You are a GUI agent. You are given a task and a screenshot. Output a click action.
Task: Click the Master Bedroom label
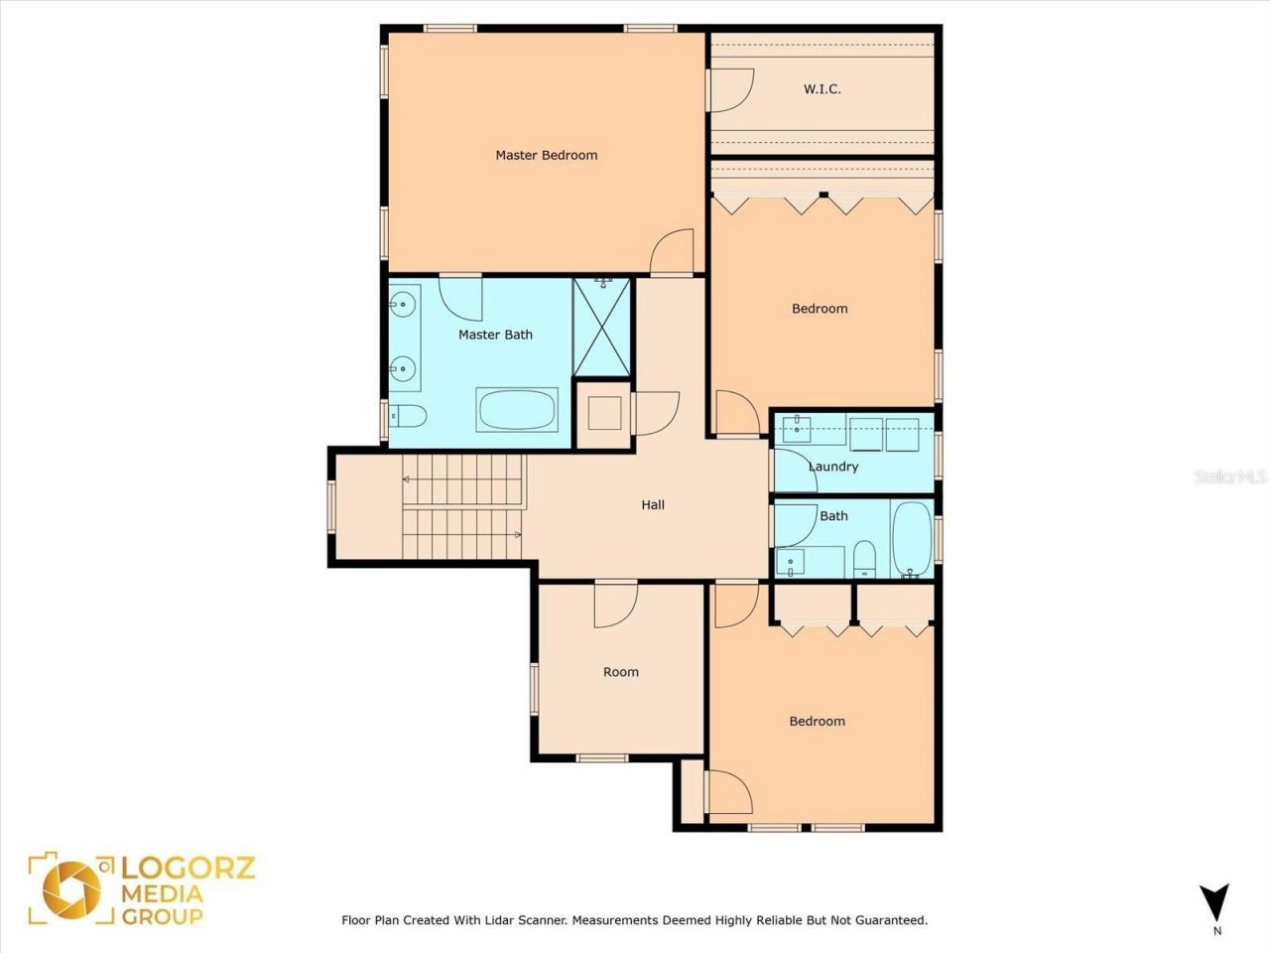(546, 155)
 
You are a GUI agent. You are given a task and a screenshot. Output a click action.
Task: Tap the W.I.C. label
(822, 89)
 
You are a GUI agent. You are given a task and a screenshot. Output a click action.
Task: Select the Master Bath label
(495, 335)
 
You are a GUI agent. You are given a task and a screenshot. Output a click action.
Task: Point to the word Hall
(653, 504)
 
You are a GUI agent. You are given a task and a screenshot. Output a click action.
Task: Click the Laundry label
(833, 467)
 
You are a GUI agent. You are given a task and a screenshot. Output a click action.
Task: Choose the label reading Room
(621, 672)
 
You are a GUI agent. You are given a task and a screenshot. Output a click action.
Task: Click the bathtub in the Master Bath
(517, 410)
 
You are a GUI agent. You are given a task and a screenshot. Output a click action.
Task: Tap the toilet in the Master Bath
(408, 416)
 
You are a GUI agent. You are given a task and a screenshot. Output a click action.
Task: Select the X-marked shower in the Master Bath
(601, 327)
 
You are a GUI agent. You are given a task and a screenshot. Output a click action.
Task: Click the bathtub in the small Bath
(912, 539)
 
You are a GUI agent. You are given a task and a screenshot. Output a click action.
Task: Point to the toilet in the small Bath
(865, 559)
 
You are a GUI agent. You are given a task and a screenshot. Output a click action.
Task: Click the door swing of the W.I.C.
(730, 90)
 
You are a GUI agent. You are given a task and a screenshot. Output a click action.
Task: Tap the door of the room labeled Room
(616, 605)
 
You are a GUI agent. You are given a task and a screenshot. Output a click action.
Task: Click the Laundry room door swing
(794, 471)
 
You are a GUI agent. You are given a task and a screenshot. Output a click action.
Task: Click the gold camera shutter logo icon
(71, 890)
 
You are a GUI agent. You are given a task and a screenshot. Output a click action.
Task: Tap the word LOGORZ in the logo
(188, 869)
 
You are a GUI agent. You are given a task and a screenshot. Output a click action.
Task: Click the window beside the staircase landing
(332, 507)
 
